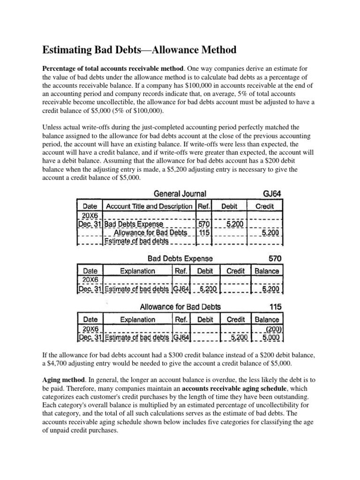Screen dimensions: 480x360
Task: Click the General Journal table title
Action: [x=180, y=193]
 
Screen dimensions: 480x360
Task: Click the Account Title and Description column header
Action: [x=149, y=206]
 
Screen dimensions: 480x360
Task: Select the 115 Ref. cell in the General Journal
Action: [x=205, y=232]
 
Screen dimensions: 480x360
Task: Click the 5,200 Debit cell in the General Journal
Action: [x=234, y=224]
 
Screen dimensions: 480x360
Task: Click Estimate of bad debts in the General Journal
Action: [x=136, y=241]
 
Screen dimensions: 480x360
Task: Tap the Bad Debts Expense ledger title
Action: [x=180, y=258]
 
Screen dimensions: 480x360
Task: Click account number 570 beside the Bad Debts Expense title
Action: [x=274, y=258]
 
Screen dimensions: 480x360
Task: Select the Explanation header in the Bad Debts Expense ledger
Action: [x=137, y=271]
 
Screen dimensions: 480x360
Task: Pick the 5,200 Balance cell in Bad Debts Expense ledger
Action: [x=270, y=289]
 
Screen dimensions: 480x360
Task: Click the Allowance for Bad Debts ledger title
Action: [x=180, y=307]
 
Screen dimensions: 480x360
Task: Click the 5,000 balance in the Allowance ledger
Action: [x=270, y=337]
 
